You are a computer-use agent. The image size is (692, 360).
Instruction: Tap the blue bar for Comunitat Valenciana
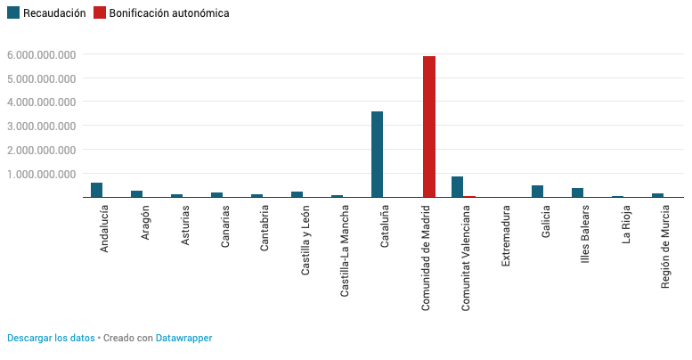[x=457, y=187]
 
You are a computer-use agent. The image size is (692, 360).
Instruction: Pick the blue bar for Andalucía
[x=96, y=190]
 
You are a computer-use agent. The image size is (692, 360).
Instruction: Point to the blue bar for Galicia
[x=537, y=192]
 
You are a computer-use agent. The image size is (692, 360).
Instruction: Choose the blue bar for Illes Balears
[x=577, y=192]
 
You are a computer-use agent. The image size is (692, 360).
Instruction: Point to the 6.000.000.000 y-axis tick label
[x=40, y=54]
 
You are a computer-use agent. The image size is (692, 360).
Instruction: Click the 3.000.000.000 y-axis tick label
[x=40, y=126]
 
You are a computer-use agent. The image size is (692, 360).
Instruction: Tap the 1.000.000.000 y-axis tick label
[x=40, y=174]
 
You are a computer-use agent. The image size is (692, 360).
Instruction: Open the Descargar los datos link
[x=51, y=339]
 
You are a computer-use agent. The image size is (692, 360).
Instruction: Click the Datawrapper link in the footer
[x=183, y=339]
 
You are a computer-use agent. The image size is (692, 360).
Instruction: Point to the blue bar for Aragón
[x=136, y=193]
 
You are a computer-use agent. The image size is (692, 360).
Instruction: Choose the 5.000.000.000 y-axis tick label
[x=40, y=78]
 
